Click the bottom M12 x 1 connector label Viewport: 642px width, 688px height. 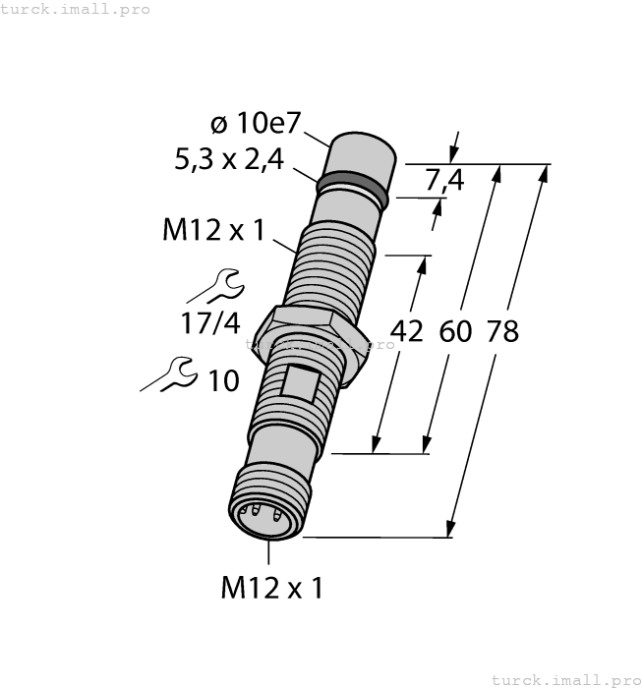(x=270, y=588)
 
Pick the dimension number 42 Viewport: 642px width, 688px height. (x=407, y=331)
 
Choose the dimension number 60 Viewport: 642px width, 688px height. (x=455, y=331)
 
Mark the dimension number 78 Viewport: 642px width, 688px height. (x=502, y=331)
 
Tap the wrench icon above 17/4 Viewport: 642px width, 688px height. (x=218, y=286)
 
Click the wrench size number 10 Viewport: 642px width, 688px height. (x=223, y=380)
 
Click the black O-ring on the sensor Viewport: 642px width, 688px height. (x=352, y=190)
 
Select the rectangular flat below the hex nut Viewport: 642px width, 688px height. (x=298, y=379)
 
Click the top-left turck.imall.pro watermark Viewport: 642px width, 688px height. (x=76, y=9)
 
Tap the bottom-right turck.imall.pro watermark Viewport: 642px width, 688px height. (x=565, y=679)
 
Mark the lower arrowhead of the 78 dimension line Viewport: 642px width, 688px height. (x=451, y=529)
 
